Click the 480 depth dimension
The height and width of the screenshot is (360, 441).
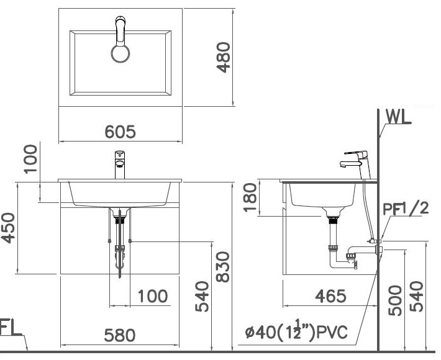tap(223, 57)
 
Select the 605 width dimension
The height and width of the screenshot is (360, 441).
tap(119, 132)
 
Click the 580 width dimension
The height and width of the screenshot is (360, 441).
tap(119, 335)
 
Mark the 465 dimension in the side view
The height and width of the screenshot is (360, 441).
tap(330, 295)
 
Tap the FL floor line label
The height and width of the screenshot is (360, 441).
tap(9, 328)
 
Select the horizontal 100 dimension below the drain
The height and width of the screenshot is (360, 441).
tap(153, 296)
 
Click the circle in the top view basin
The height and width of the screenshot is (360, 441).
tap(121, 53)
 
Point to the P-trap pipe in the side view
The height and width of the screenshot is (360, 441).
tap(342, 257)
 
